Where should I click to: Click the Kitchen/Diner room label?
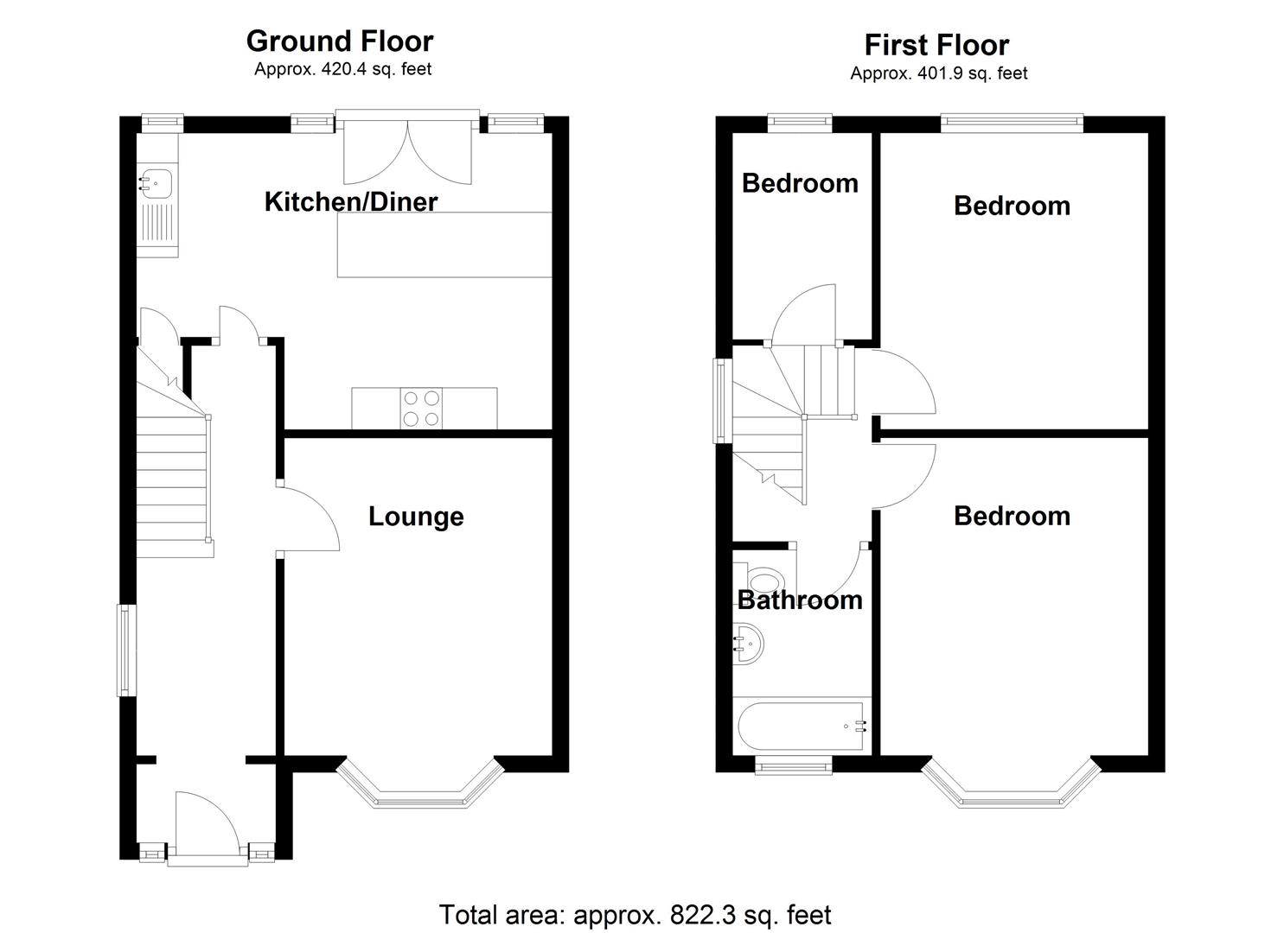[x=350, y=202]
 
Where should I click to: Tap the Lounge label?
[x=416, y=517]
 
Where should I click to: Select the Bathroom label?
[x=800, y=600]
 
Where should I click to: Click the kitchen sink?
[x=157, y=183]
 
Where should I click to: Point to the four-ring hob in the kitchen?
[x=422, y=409]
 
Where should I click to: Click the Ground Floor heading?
[x=340, y=41]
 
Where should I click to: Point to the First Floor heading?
[x=936, y=45]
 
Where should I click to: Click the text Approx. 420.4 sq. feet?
[x=342, y=69]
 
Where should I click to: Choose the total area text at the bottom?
[x=636, y=914]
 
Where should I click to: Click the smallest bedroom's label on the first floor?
[x=800, y=183]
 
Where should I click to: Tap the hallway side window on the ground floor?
[x=125, y=651]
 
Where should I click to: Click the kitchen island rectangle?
[x=444, y=244]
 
